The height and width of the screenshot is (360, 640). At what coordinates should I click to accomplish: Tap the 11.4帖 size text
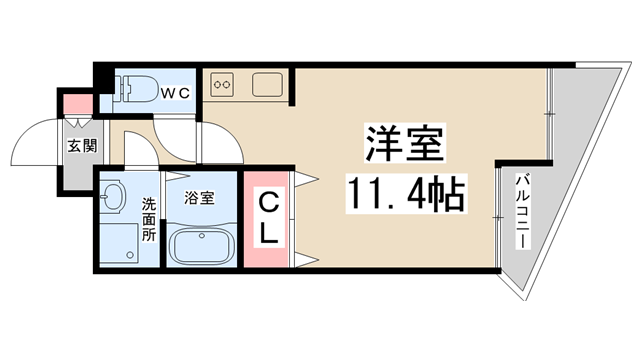[x=406, y=193]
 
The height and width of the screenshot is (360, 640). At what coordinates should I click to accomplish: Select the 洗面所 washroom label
[x=148, y=220]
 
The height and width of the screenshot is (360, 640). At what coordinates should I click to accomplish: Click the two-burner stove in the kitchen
[x=223, y=84]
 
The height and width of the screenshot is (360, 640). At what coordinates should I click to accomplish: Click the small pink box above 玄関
[x=76, y=102]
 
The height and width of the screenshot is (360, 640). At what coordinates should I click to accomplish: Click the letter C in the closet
[x=269, y=202]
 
